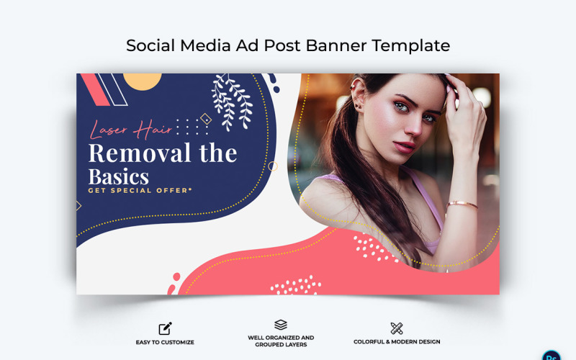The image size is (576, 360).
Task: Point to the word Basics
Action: (119, 176)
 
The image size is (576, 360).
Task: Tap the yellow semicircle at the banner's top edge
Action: (143, 81)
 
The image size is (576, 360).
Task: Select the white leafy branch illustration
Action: (232, 101)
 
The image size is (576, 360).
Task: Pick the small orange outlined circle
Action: (273, 166)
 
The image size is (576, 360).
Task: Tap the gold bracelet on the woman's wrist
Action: (461, 204)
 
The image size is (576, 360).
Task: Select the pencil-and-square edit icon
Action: (166, 328)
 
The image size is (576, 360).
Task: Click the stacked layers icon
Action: (281, 325)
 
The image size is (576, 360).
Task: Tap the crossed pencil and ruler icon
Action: (397, 328)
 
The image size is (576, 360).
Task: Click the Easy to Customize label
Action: (165, 342)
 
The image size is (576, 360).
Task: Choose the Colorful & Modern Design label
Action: (397, 342)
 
